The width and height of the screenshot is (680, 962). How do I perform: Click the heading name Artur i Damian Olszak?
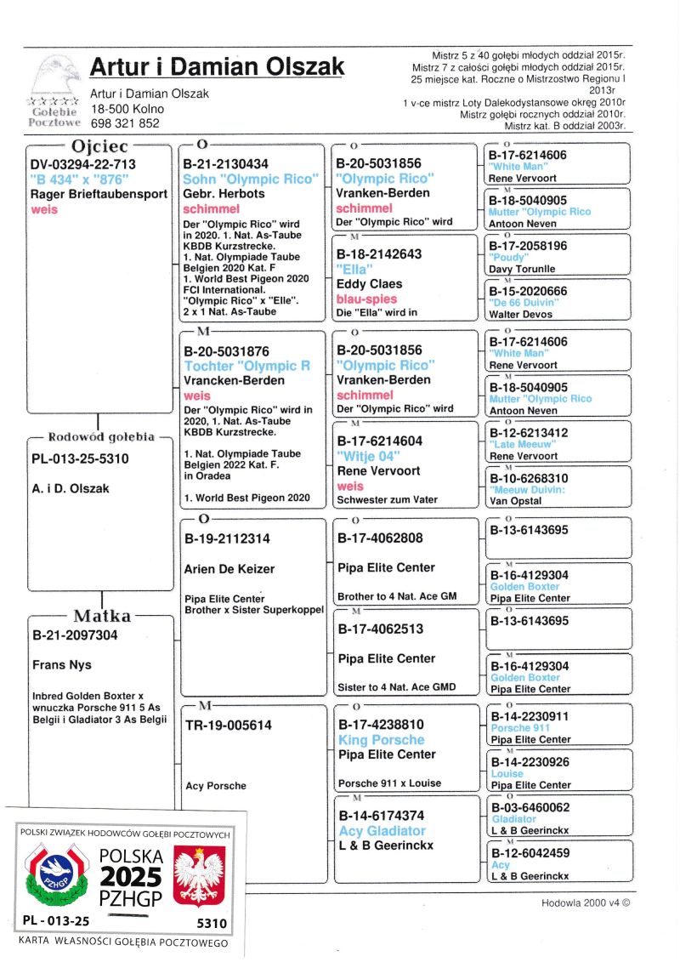217,66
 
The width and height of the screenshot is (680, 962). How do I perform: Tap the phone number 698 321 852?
125,122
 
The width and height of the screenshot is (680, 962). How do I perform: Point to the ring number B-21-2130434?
226,164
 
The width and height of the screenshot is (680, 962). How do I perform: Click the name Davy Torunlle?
521,269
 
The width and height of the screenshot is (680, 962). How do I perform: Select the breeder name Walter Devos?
521,314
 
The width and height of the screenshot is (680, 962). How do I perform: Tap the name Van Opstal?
515,501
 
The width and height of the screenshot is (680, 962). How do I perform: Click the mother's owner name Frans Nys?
61,664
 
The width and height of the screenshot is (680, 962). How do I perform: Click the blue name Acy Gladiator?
382,830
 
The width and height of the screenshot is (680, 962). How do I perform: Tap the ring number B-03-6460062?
529,806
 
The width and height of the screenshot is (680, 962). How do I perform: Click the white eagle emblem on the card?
199,875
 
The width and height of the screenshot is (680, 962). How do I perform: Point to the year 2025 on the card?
130,876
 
